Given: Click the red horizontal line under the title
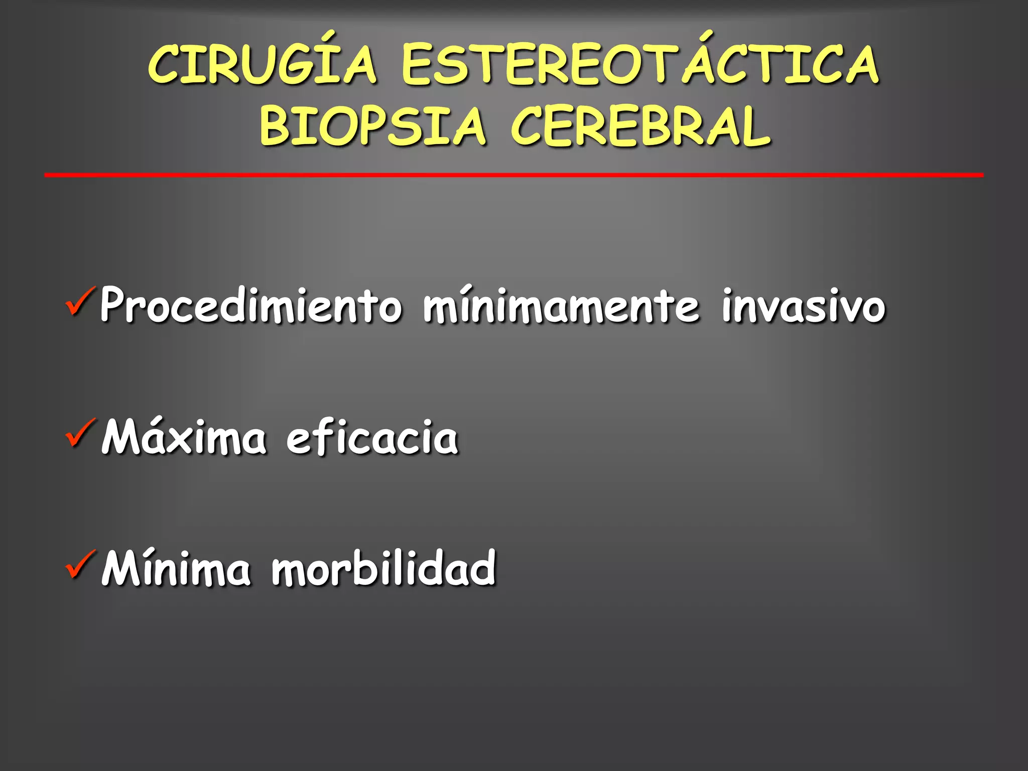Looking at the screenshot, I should [513, 175].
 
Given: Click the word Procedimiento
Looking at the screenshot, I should [251, 305].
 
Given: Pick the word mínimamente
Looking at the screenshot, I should [561, 305].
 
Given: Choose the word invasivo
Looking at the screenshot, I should [803, 305].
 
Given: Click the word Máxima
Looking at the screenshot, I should [184, 437].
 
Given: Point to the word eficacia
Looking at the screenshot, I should [372, 437].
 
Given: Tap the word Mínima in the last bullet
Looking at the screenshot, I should [176, 568].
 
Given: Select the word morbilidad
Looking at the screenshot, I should [384, 568].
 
